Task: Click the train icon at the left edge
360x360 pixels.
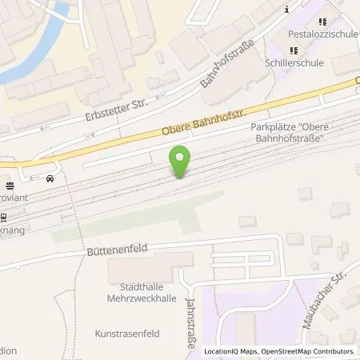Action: coord(3,217)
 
